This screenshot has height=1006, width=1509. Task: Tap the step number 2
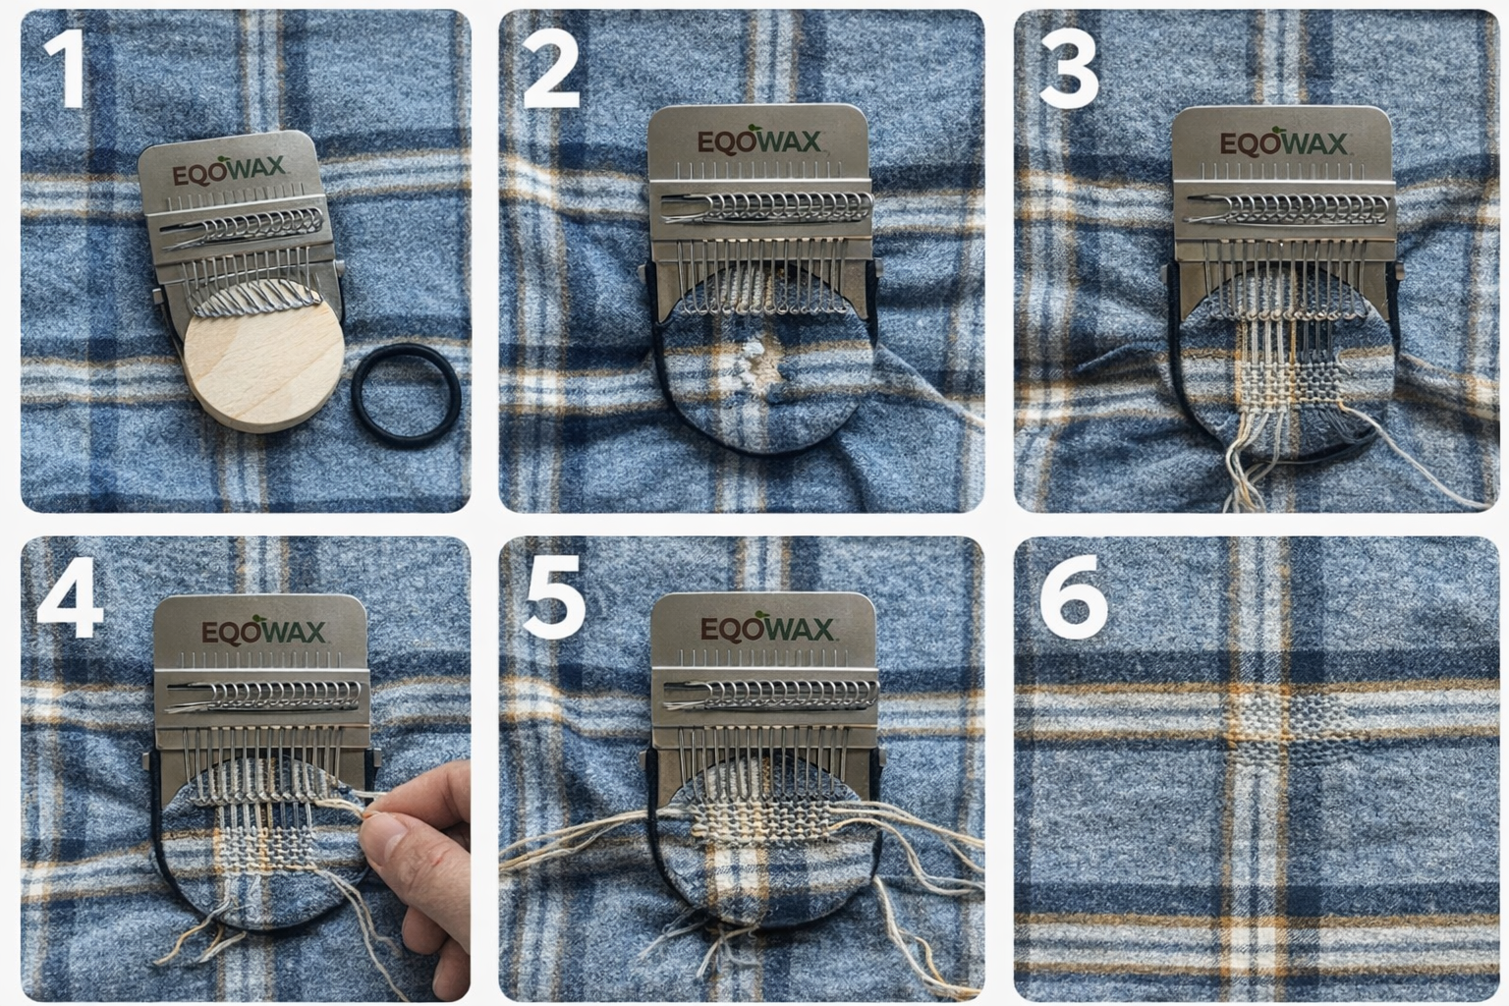[x=552, y=71]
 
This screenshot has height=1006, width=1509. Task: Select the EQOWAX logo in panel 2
[x=759, y=142]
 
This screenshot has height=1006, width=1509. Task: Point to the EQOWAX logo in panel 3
[x=1282, y=143]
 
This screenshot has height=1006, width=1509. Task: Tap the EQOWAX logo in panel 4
[x=263, y=632]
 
